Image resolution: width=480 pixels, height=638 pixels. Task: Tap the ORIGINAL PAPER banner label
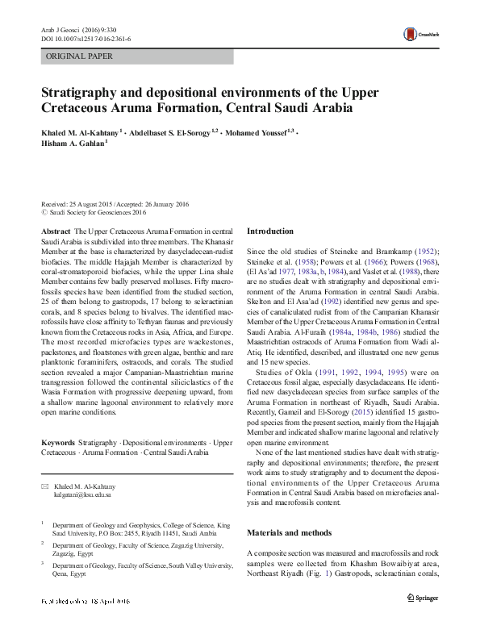click(x=79, y=56)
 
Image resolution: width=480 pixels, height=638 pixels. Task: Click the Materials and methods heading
click(x=289, y=533)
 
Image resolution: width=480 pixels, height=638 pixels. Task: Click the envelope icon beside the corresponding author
click(x=45, y=487)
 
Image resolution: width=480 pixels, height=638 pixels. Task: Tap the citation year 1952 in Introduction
click(x=423, y=252)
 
